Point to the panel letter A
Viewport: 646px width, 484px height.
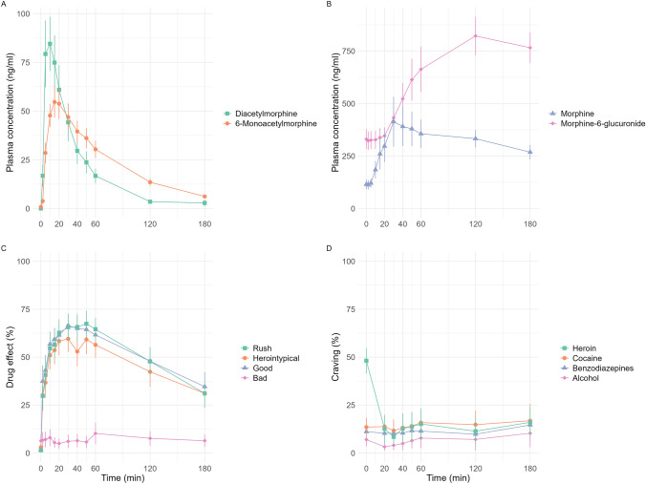6,6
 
